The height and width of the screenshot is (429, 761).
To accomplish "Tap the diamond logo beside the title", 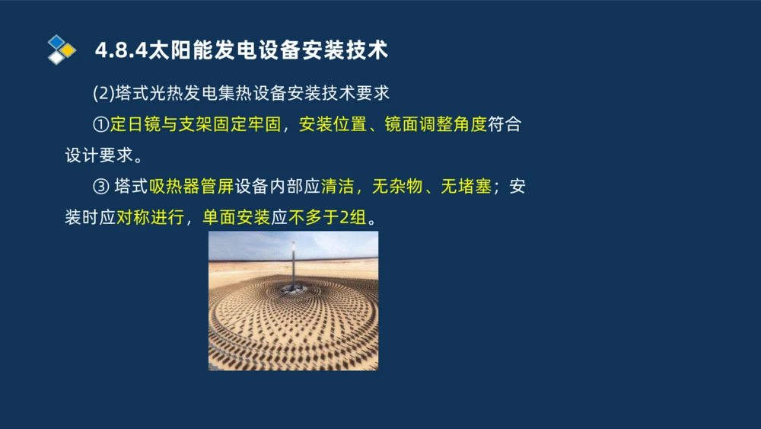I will pyautogui.click(x=62, y=49).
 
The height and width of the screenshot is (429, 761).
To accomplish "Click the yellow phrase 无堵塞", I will pyautogui.click(x=466, y=187).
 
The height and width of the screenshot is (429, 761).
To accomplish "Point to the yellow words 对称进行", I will pyautogui.click(x=149, y=218).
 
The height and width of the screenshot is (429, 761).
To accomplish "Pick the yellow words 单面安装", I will pyautogui.click(x=235, y=218).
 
